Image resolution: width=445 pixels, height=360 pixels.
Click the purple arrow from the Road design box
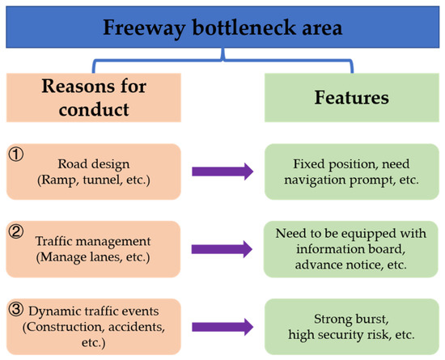coord(222,172)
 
